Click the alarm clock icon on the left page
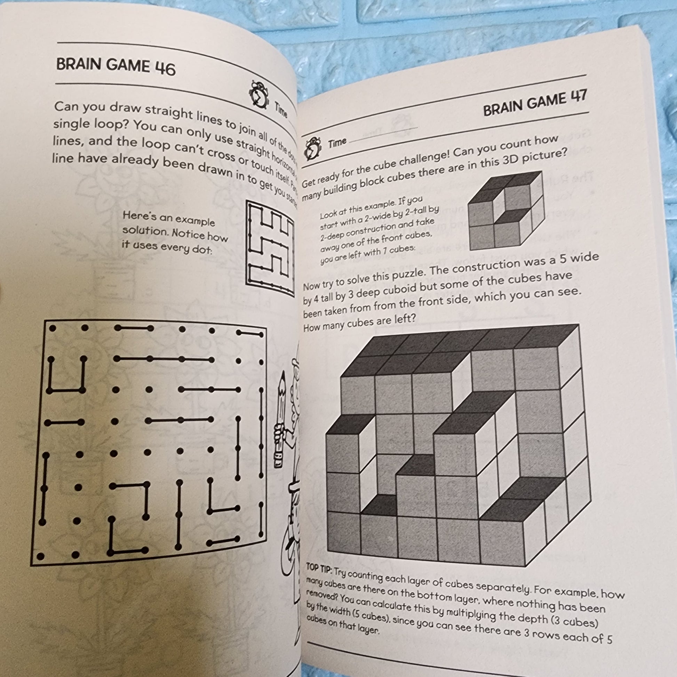tap(259, 95)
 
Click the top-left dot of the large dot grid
tap(53, 328)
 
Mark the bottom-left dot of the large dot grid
tap(41, 556)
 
